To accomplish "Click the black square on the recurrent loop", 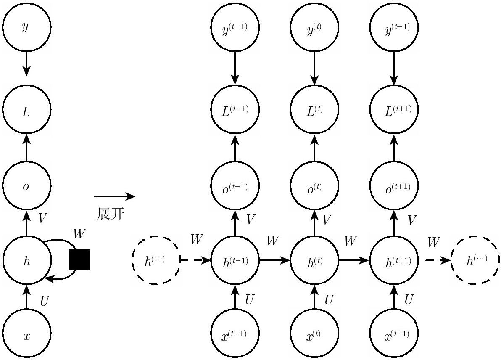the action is [x=79, y=259].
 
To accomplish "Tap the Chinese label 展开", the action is [x=110, y=214].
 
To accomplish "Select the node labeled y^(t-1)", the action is [x=235, y=27].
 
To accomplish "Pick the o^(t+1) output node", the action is [x=394, y=186].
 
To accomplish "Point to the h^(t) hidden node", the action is [x=314, y=261].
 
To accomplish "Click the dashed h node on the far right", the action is [x=475, y=261].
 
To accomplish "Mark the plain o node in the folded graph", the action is [x=26, y=186].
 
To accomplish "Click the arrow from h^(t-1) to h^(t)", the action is [x=275, y=261].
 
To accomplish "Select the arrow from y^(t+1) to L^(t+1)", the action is [x=394, y=69].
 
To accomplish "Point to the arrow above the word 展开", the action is [x=115, y=196].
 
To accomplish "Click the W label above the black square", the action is [x=79, y=234].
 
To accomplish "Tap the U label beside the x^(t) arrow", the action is [x=329, y=300].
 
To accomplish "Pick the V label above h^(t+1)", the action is [x=412, y=220].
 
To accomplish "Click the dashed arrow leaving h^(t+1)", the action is [x=438, y=261].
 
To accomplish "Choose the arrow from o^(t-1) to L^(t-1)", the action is [x=235, y=148].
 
